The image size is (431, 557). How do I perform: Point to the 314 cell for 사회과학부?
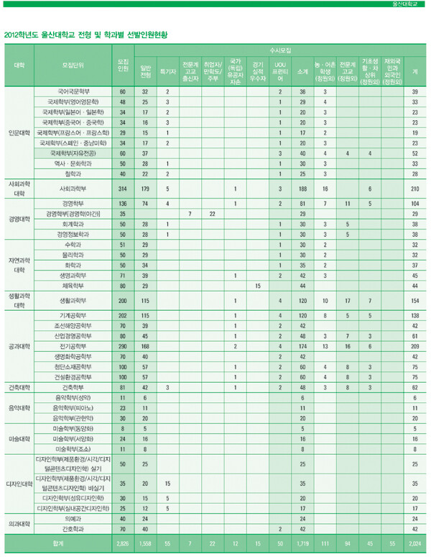click(x=122, y=189)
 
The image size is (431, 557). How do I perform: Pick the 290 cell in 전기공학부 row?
click(x=122, y=346)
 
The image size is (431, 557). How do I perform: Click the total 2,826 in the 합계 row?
click(x=122, y=544)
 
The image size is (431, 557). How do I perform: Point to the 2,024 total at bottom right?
click(x=414, y=544)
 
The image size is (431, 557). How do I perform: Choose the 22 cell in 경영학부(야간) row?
click(x=213, y=214)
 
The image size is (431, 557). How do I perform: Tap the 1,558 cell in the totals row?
click(x=144, y=544)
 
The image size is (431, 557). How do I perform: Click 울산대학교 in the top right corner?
click(x=410, y=4)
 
